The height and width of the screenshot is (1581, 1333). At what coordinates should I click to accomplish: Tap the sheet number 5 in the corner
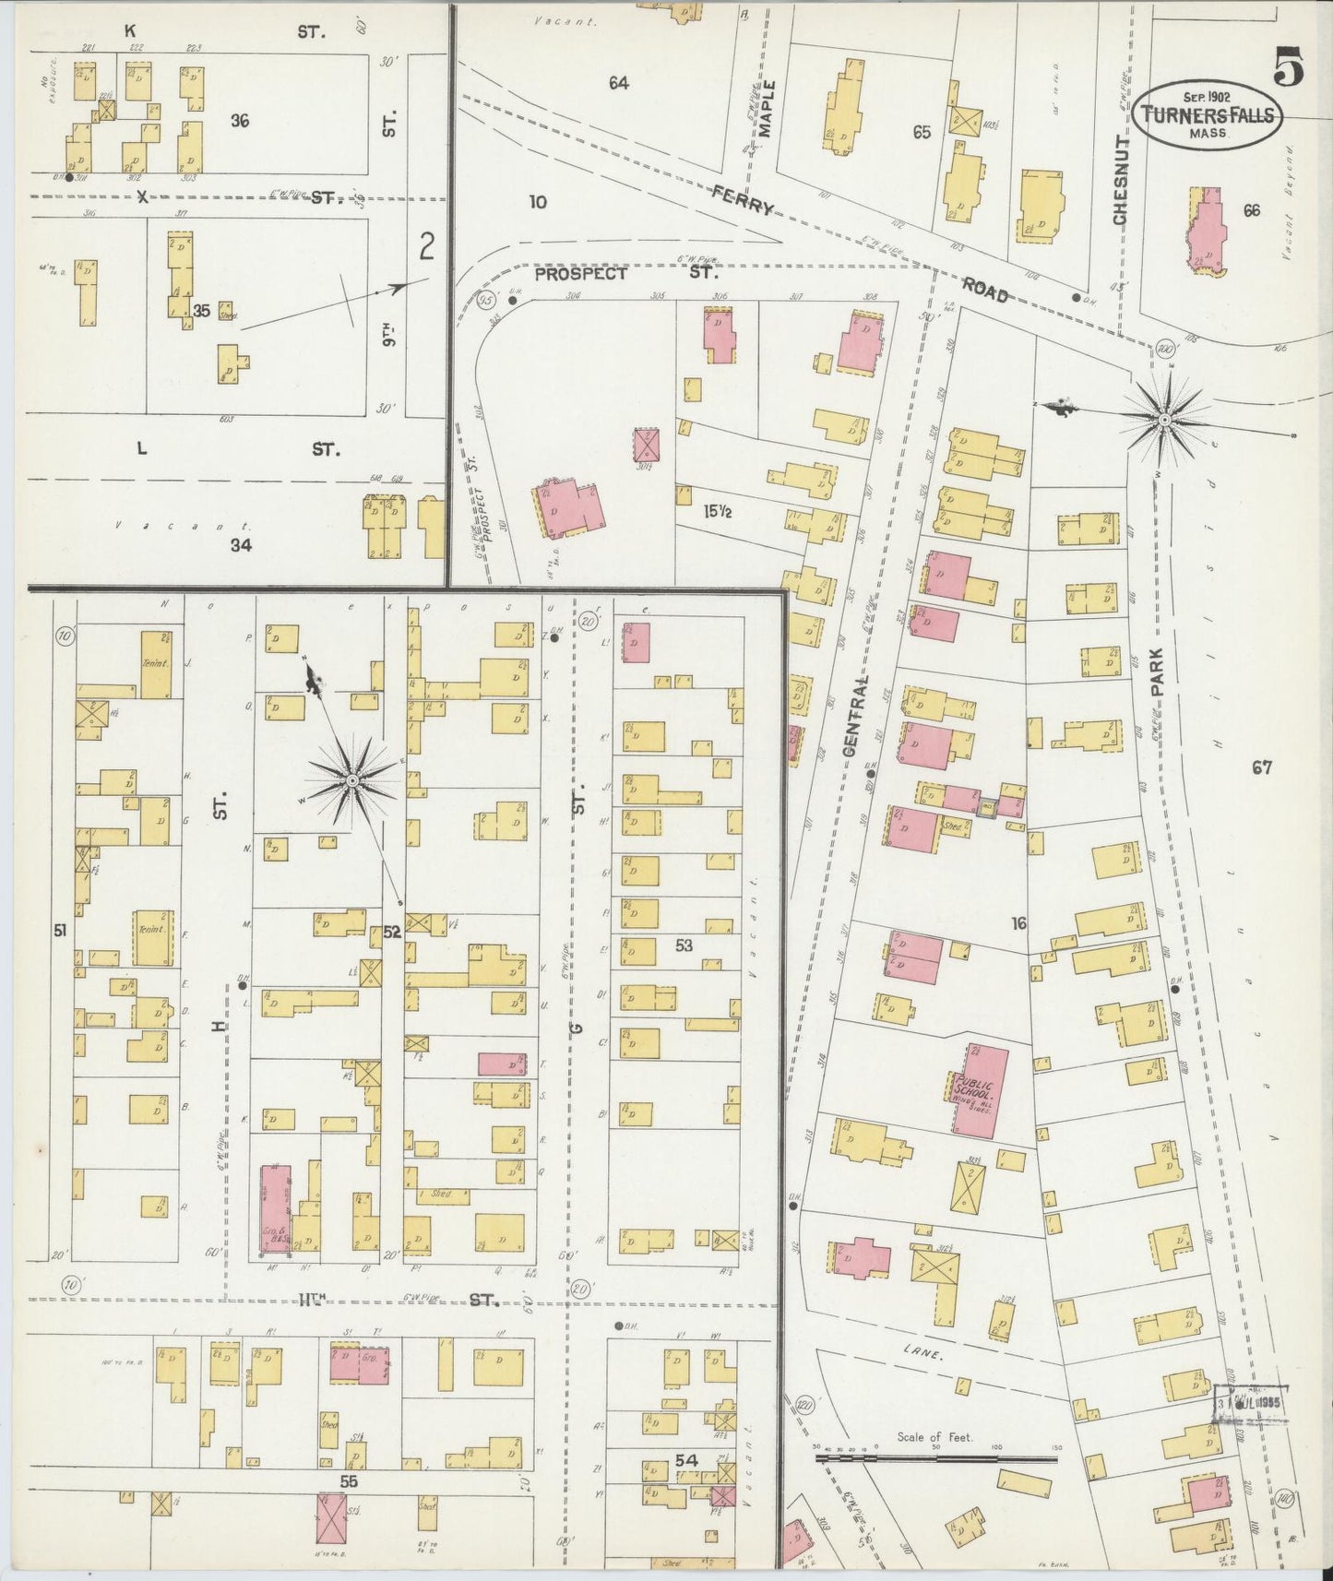(x=1290, y=66)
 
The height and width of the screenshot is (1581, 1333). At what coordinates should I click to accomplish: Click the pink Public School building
(x=980, y=1091)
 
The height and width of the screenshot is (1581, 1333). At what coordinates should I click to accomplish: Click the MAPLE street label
(x=769, y=109)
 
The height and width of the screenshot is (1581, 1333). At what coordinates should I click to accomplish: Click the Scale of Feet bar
(x=936, y=1459)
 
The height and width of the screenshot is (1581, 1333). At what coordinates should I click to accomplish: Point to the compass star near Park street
(x=1164, y=420)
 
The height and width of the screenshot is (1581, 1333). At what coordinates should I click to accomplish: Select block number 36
(x=240, y=121)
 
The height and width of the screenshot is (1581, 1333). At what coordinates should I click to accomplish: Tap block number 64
(x=618, y=83)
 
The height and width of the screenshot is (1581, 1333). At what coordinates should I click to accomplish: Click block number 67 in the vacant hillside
(x=1262, y=767)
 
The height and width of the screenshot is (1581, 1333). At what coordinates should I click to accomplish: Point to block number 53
(x=684, y=945)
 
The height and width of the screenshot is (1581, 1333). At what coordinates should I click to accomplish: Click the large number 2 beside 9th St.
(x=426, y=246)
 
